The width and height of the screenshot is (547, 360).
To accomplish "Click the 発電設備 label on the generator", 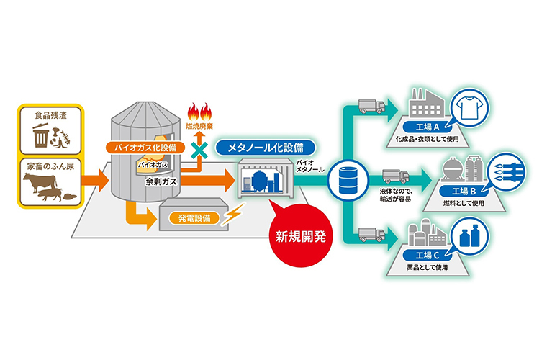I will click(x=190, y=217).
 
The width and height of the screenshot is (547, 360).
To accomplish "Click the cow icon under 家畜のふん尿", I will click(x=37, y=186).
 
